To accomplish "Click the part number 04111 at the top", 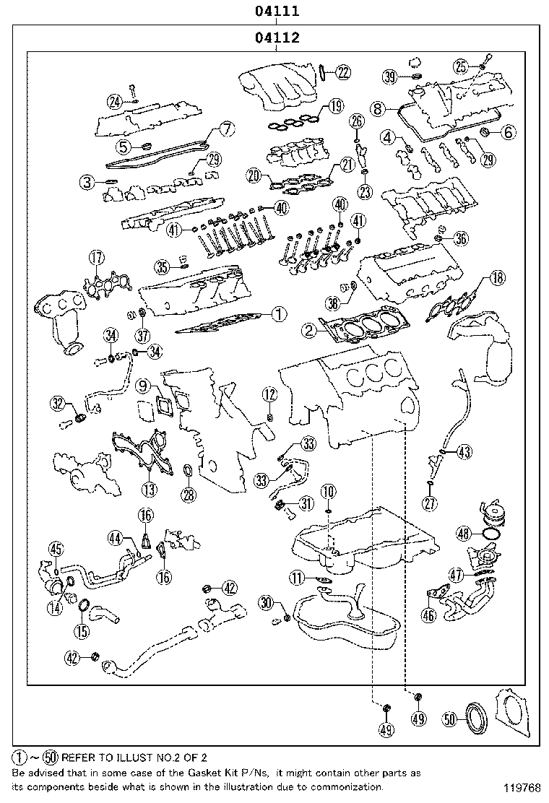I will point(275,11).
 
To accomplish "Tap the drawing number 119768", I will point(522,787).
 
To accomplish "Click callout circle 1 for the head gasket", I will point(279,314).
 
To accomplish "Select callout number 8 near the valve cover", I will point(376,108).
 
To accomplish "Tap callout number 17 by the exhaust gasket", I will point(96,258).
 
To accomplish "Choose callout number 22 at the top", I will point(342,71).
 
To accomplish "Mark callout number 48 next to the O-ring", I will point(464,534).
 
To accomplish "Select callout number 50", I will point(450,719).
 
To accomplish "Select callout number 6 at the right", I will point(508,131).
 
